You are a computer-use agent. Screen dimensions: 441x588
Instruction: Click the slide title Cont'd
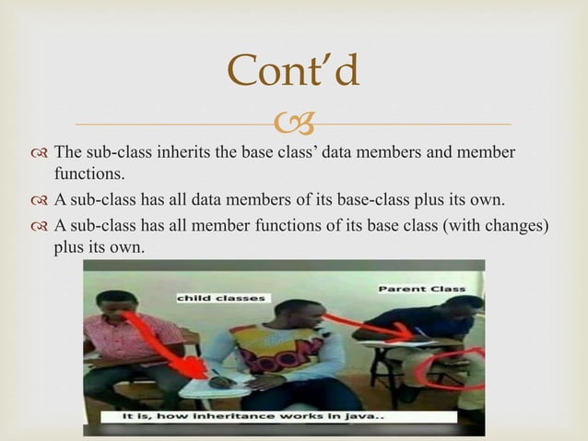tap(293, 72)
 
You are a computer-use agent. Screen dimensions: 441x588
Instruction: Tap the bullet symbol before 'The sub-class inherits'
tap(39, 152)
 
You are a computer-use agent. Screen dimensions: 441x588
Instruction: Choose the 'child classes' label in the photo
tap(220, 298)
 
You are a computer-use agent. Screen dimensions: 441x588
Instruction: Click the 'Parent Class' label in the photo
tap(421, 289)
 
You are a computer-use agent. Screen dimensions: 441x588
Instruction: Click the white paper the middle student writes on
tap(218, 387)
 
